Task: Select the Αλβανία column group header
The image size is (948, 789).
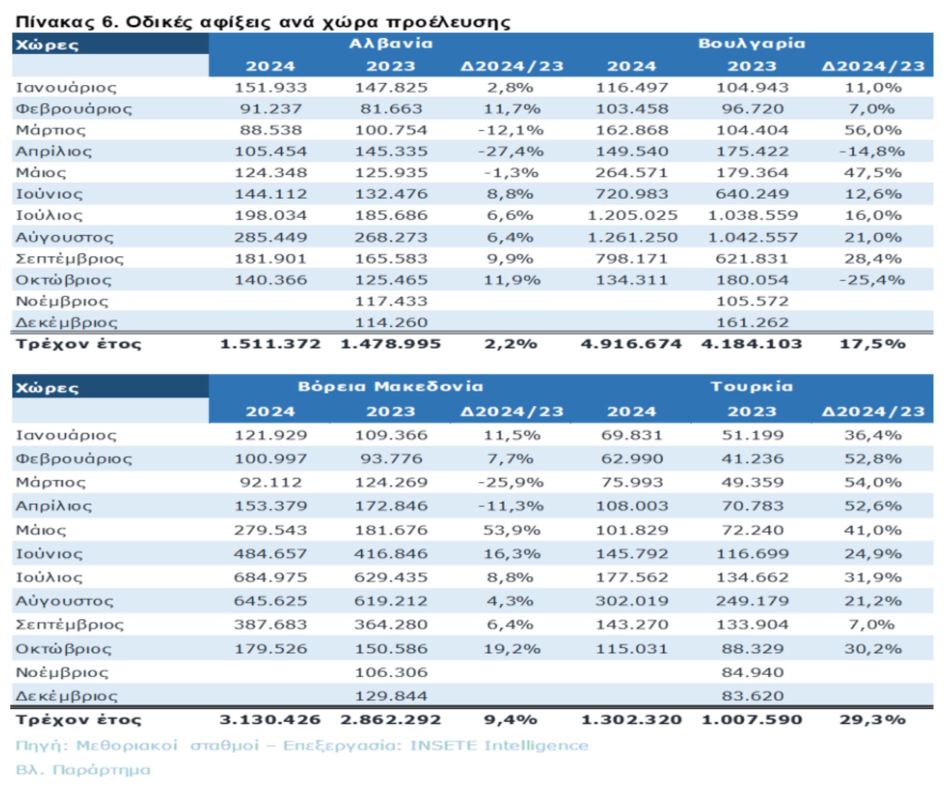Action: (391, 44)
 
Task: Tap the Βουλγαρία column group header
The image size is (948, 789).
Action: (752, 44)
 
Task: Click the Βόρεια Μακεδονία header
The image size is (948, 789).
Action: (391, 387)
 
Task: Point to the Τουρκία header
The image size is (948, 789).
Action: (752, 387)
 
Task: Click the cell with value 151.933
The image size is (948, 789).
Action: (270, 88)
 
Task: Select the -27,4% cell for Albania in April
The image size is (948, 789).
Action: (511, 151)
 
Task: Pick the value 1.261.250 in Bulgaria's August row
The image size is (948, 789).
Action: (632, 238)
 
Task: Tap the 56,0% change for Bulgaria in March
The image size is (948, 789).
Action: (873, 130)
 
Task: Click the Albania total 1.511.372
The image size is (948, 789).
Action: (270, 344)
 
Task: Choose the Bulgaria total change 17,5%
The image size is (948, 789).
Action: (873, 344)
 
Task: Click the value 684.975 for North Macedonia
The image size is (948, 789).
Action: (270, 577)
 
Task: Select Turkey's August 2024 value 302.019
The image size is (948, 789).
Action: (632, 601)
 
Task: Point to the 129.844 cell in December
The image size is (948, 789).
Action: (391, 696)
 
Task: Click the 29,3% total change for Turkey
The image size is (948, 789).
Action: (873, 720)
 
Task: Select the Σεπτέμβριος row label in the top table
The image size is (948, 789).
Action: (70, 259)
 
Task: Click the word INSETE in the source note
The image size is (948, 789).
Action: (443, 746)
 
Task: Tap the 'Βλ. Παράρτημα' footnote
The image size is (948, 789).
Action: (83, 770)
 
